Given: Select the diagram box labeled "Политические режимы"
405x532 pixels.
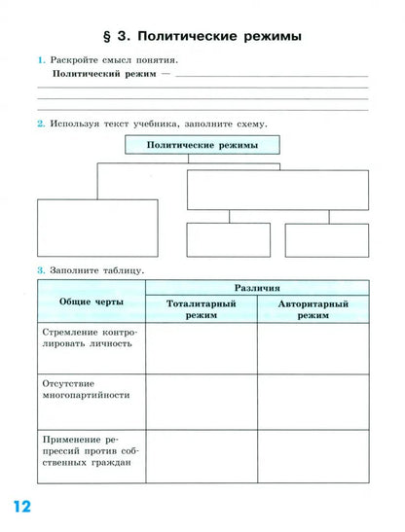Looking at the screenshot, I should pyautogui.click(x=202, y=144).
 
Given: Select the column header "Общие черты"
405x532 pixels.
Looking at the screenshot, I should pyautogui.click(x=91, y=301).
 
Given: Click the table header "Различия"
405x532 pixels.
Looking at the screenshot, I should pyautogui.click(x=257, y=288).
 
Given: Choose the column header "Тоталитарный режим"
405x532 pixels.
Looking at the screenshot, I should pyautogui.click(x=202, y=309).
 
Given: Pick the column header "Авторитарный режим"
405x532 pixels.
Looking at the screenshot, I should pyautogui.click(x=313, y=309).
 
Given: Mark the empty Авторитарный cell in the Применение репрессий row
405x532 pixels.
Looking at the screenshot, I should pyautogui.click(x=313, y=454).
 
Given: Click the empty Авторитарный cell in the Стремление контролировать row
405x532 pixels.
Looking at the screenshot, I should pyautogui.click(x=313, y=347).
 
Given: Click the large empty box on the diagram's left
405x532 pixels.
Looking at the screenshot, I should pyautogui.click(x=96, y=228).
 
